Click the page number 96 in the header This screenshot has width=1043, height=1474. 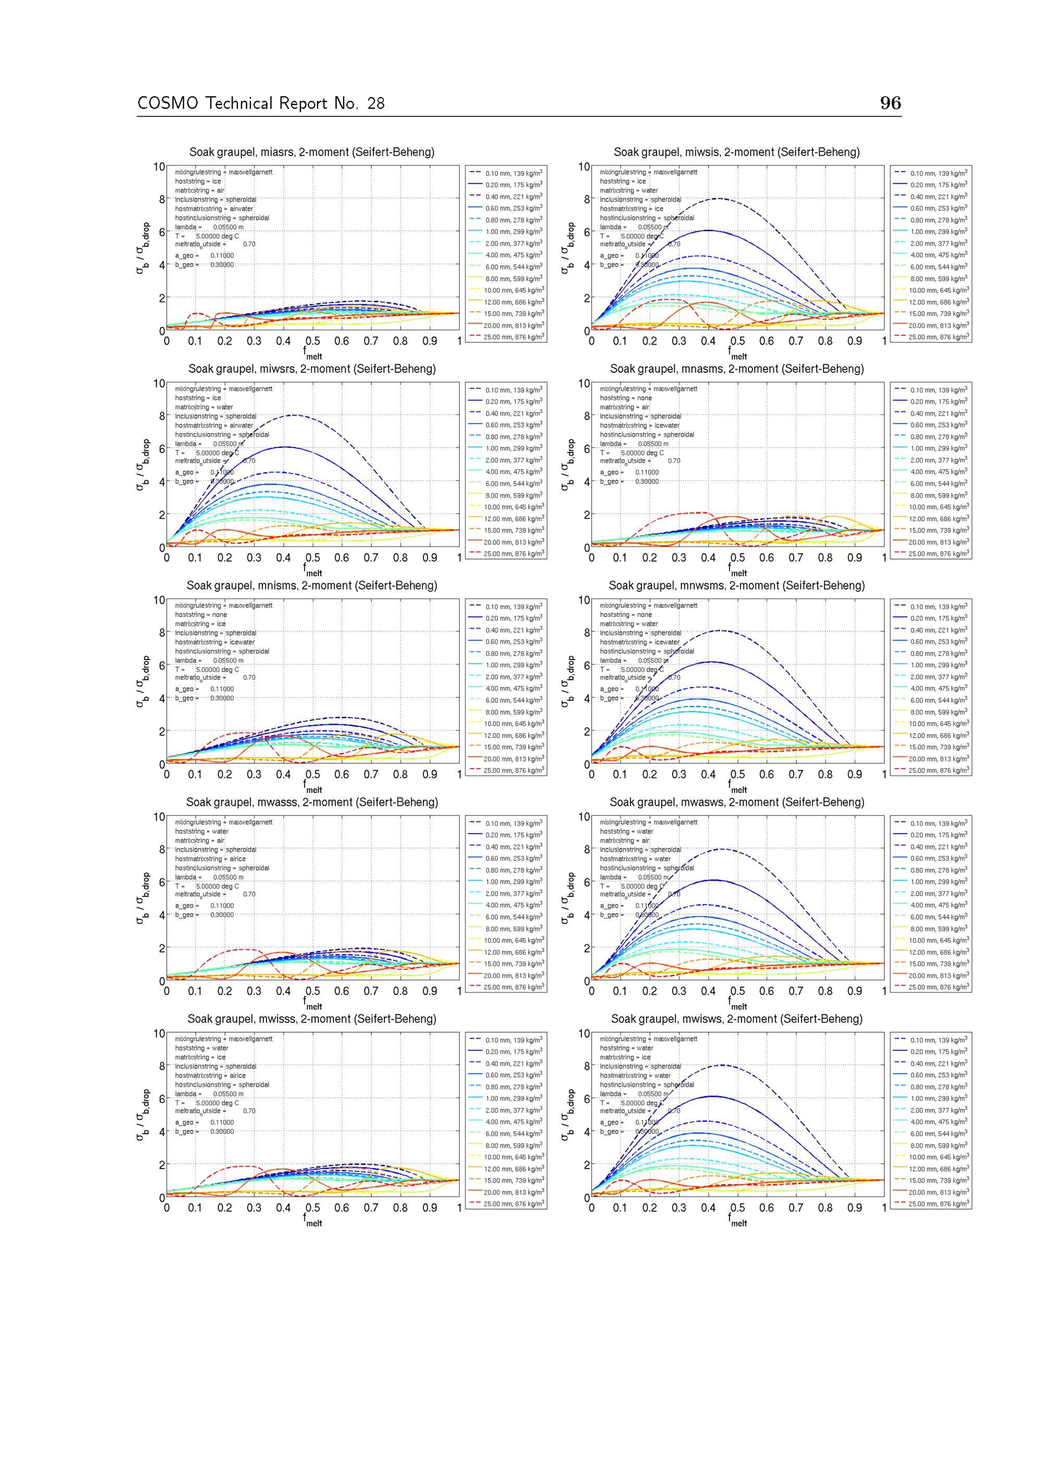(890, 103)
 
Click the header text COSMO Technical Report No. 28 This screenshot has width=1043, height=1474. (261, 103)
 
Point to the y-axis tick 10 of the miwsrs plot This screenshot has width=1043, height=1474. (159, 384)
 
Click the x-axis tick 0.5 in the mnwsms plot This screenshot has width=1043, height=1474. (737, 774)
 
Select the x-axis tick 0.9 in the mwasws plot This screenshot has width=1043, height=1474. (854, 991)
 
